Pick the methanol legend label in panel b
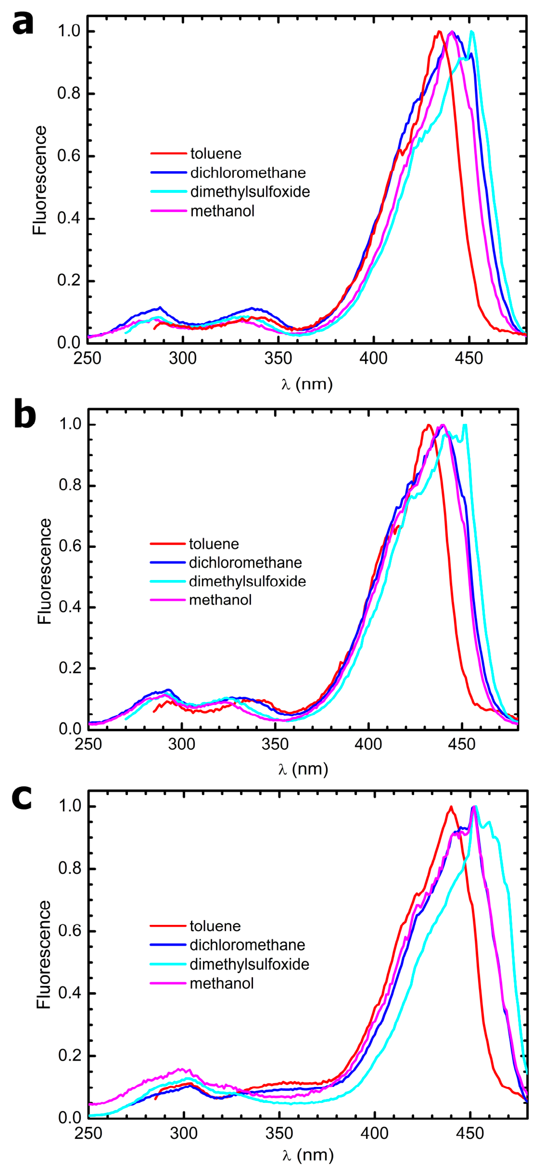(x=220, y=600)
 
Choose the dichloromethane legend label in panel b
(x=245, y=563)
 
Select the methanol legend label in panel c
(x=222, y=983)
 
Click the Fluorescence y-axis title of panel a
(x=40, y=180)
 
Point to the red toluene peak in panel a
(x=439, y=32)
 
